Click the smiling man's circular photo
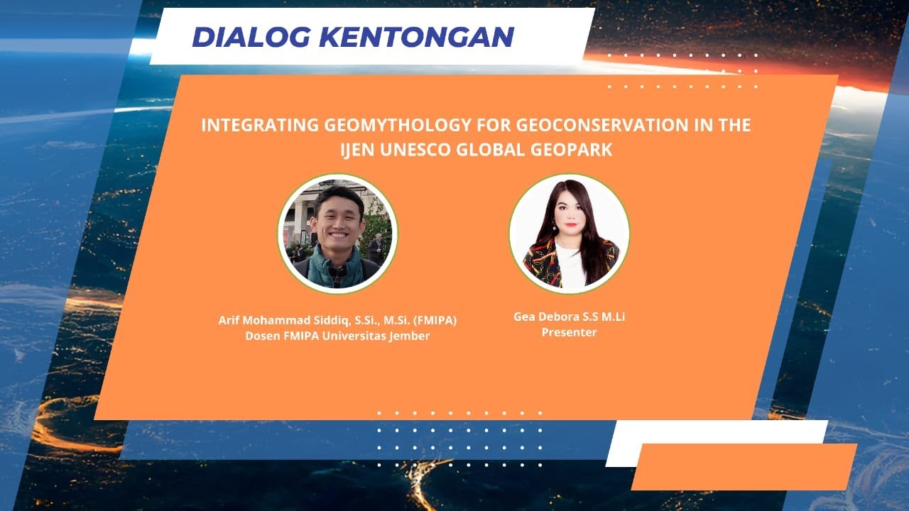(337, 233)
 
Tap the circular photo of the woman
(569, 233)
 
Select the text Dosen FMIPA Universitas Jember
(337, 336)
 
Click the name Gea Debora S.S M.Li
(569, 317)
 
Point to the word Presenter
(569, 332)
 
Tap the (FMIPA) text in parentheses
(437, 321)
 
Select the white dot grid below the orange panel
(459, 439)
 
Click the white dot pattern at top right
(682, 71)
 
